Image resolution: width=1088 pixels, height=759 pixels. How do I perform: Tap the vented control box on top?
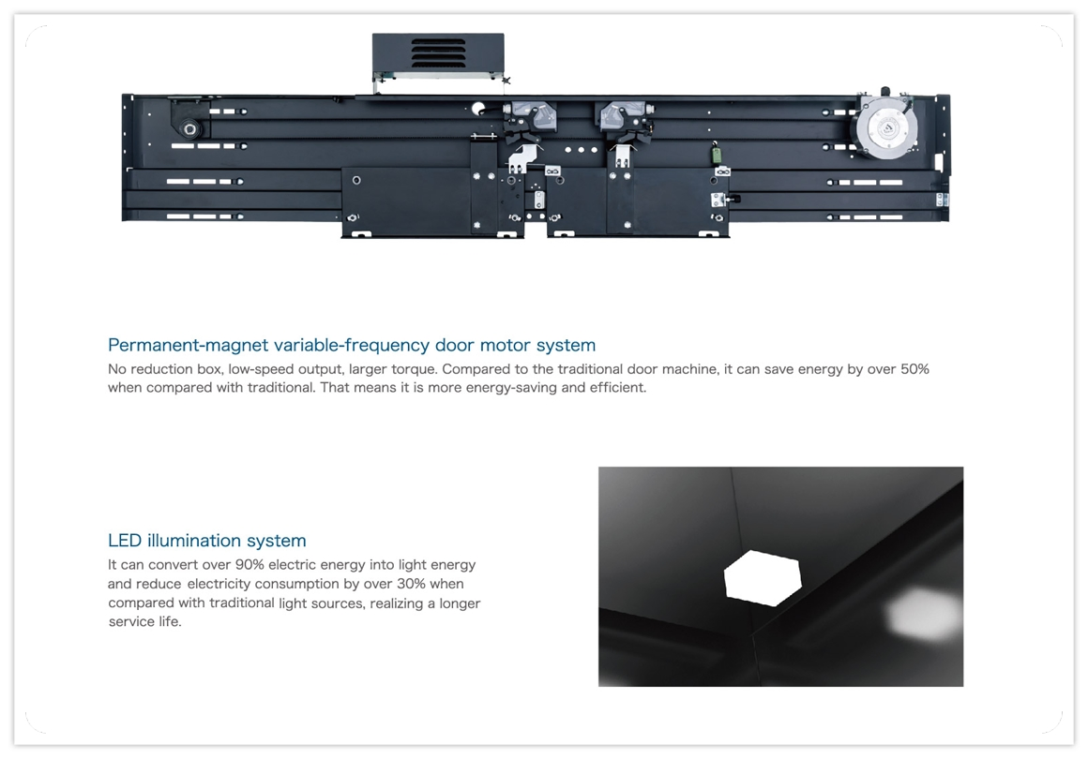[439, 54]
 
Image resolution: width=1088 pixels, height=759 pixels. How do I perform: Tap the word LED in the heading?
[125, 541]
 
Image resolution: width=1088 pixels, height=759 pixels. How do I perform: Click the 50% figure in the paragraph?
[914, 369]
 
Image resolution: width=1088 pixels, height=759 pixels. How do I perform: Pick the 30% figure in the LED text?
[411, 584]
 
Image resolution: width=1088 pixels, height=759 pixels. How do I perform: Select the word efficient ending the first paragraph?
[617, 388]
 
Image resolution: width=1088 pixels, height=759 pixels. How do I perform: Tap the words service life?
[144, 622]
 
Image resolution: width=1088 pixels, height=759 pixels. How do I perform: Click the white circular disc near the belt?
[478, 108]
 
